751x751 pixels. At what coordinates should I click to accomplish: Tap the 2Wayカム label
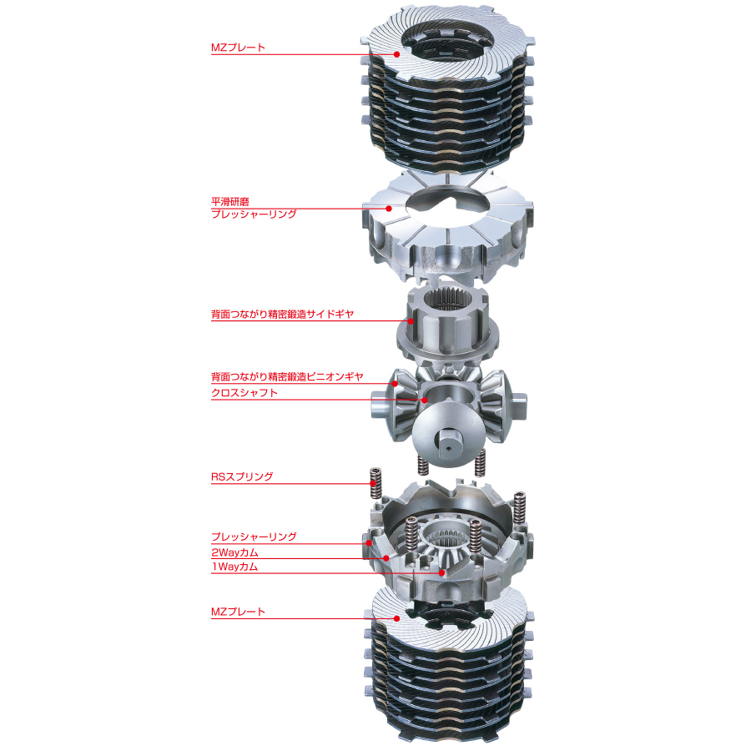[x=234, y=552]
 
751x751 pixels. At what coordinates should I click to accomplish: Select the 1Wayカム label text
[x=234, y=567]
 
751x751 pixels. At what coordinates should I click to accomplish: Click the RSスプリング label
[x=242, y=476]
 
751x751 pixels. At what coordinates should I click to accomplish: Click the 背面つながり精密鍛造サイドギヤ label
[x=283, y=315]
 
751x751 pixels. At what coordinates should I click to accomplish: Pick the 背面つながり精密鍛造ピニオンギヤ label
[x=287, y=377]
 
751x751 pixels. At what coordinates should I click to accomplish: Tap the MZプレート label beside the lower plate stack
[x=238, y=612]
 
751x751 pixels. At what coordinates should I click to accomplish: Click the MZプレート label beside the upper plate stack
[x=238, y=48]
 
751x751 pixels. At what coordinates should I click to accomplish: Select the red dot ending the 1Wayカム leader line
[x=441, y=573]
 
